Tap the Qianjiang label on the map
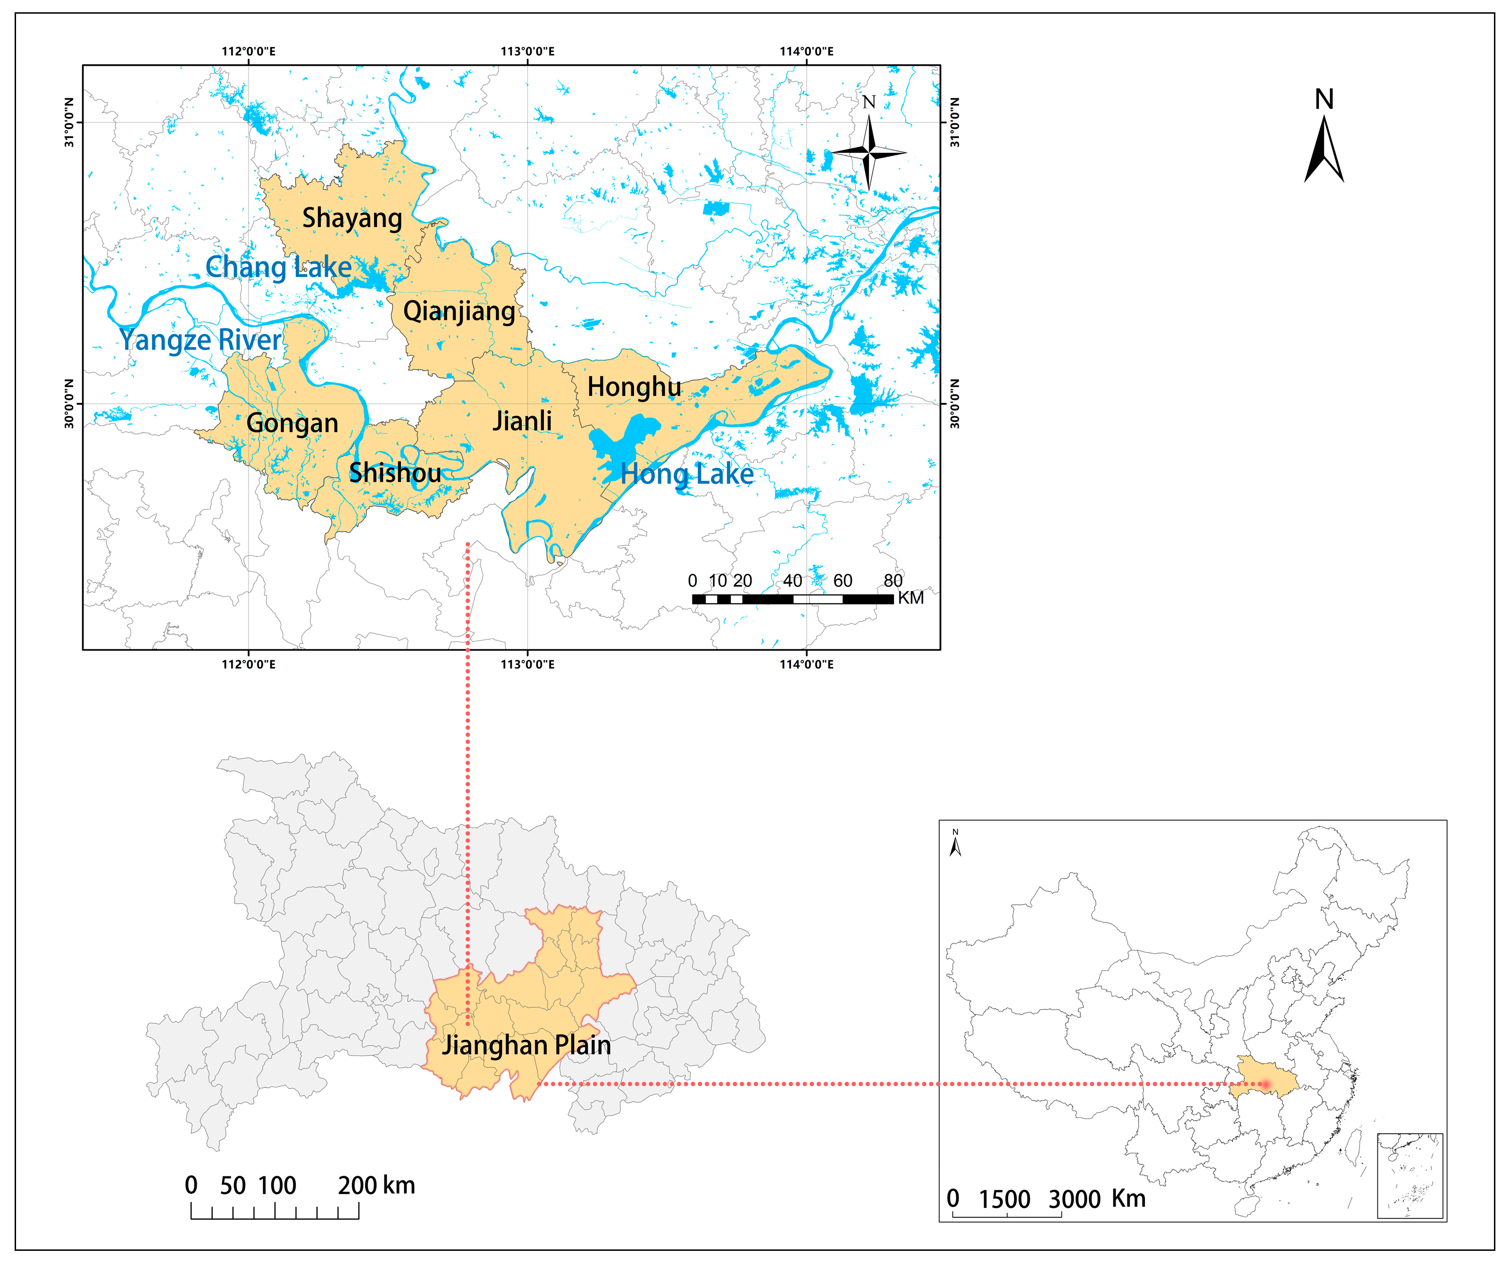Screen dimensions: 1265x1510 coord(459,311)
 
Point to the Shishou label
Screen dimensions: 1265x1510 coord(395,472)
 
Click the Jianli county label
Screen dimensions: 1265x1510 coord(522,421)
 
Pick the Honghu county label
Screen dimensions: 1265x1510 coord(634,387)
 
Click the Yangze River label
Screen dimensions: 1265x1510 coord(200,340)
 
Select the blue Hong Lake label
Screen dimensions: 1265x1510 coord(687,474)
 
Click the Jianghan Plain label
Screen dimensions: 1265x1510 coord(526,1045)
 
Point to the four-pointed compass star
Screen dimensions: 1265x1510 coord(868,152)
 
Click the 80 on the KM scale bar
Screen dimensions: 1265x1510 coord(893,580)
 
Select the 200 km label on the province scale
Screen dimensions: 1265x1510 coord(376,1185)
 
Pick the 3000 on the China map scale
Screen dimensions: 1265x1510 coord(1074,1199)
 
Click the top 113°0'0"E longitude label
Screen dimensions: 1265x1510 coord(528,51)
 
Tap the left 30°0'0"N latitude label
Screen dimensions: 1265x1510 coord(70,403)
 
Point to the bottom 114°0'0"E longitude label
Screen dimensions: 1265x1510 coord(807,664)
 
